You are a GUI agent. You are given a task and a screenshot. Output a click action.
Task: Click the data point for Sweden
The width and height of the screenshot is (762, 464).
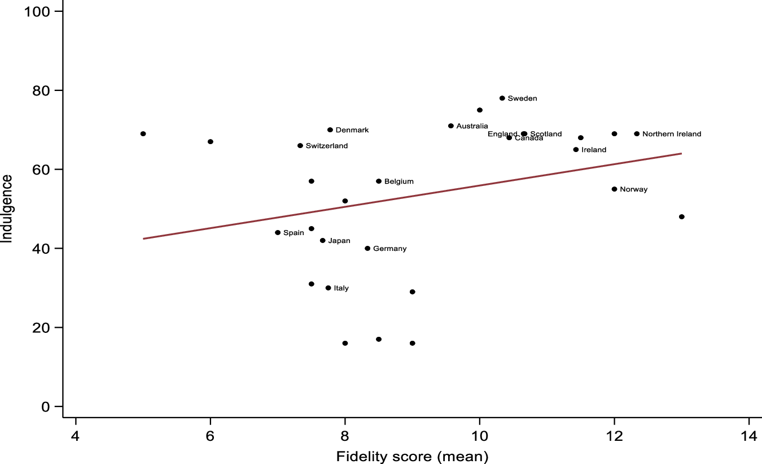pyautogui.click(x=502, y=98)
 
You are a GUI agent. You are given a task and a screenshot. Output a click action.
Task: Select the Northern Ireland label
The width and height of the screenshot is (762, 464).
pyautogui.click(x=672, y=134)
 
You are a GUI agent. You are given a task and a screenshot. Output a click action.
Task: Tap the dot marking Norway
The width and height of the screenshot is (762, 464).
pyautogui.click(x=614, y=189)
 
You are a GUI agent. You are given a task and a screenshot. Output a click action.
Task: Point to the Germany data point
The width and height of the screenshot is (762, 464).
pyautogui.click(x=367, y=249)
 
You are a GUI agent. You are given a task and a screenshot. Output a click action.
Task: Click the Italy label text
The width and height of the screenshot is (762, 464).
pyautogui.click(x=341, y=288)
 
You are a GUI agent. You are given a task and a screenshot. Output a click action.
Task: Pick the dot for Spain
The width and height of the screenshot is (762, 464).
pyautogui.click(x=278, y=233)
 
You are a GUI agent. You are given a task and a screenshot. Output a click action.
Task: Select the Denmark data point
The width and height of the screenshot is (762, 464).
pyautogui.click(x=330, y=130)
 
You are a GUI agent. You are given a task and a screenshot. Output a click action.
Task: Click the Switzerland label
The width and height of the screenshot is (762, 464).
pyautogui.click(x=326, y=146)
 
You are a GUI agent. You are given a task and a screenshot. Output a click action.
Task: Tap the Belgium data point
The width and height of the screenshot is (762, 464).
pyautogui.click(x=379, y=181)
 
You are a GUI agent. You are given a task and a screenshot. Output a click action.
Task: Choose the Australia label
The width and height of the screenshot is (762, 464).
pyautogui.click(x=472, y=126)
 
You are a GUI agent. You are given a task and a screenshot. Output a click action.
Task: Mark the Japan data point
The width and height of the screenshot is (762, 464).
pyautogui.click(x=323, y=241)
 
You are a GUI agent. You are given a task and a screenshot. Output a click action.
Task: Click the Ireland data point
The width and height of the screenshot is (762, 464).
pyautogui.click(x=576, y=150)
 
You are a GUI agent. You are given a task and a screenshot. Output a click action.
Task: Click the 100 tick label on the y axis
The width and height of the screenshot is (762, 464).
pyautogui.click(x=36, y=11)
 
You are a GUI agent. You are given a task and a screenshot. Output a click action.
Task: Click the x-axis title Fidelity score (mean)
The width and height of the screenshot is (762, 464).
pyautogui.click(x=412, y=456)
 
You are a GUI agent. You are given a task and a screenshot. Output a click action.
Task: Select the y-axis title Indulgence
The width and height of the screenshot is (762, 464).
pyautogui.click(x=7, y=209)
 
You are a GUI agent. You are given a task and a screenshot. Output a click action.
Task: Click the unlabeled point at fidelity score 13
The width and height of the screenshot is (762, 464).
pyautogui.click(x=681, y=217)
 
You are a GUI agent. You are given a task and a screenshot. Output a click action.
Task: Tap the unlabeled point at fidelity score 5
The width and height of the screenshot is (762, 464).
pyautogui.click(x=143, y=134)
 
